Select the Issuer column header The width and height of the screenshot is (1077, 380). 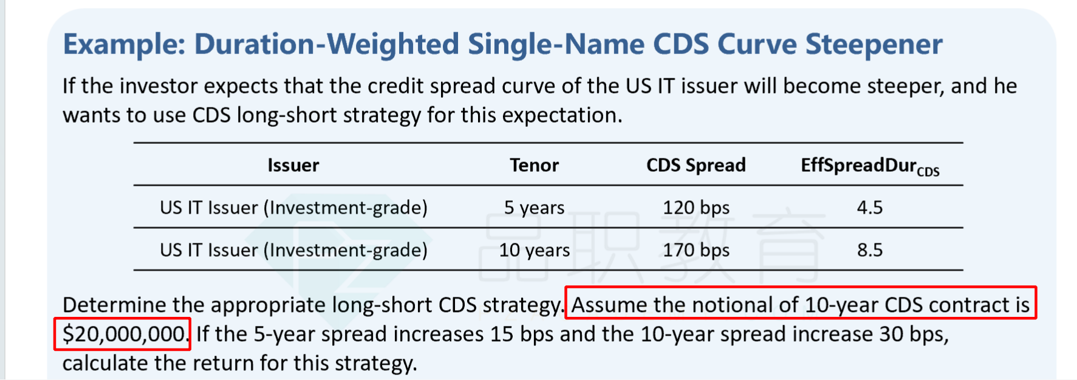293,165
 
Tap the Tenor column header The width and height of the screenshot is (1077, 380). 534,165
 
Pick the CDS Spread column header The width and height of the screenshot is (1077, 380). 696,165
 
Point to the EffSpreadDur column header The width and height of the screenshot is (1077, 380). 870,166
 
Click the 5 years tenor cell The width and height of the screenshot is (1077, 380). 535,208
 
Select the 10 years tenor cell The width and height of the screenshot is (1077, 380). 535,250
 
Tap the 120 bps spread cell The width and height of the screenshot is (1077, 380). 696,208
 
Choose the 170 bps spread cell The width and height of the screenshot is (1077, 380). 696,250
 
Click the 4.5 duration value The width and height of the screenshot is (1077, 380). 870,208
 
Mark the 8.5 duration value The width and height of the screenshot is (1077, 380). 870,250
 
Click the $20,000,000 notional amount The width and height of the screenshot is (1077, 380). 124,334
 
